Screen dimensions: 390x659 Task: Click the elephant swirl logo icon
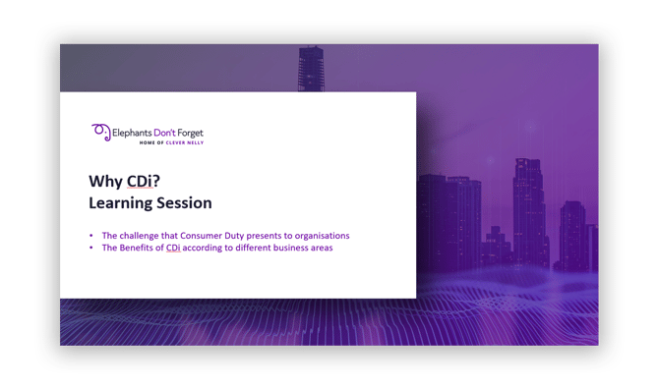pos(99,132)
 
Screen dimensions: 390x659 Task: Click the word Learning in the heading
pos(123,203)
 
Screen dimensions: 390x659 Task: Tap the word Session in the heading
pos(186,203)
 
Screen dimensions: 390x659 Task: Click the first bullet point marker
pos(90,236)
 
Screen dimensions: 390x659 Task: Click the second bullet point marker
pos(90,248)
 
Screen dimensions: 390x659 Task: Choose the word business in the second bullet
pos(284,248)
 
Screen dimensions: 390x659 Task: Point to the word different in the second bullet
pos(246,248)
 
